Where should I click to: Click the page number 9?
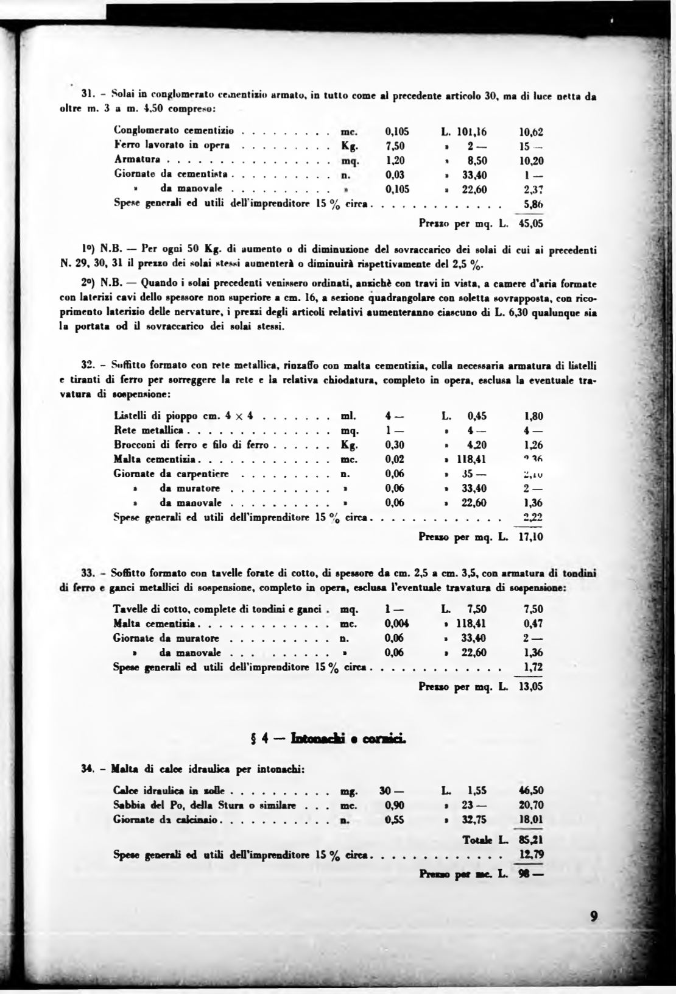click(x=595, y=916)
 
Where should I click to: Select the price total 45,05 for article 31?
click(x=530, y=224)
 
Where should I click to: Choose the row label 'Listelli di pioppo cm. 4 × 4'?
click(x=184, y=416)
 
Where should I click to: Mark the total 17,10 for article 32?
click(x=530, y=538)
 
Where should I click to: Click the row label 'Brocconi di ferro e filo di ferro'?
click(x=191, y=445)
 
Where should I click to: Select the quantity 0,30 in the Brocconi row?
click(x=395, y=445)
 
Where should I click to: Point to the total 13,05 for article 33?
click(x=530, y=686)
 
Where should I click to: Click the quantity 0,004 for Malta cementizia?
click(x=397, y=623)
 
